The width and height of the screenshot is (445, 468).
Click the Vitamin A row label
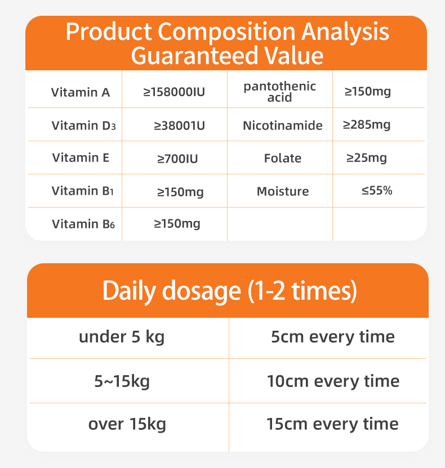81,92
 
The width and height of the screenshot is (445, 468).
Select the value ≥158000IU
174,91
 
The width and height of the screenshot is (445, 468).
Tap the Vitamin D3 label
83,125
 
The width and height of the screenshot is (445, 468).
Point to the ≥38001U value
179,125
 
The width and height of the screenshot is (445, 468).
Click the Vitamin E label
81,157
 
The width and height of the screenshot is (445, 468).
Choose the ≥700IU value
177,159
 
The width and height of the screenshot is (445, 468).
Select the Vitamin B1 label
83,191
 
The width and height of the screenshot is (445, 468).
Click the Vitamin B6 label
83,224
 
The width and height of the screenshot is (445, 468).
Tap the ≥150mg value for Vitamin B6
177,224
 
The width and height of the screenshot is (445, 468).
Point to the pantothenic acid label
279,92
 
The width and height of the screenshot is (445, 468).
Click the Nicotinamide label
283,125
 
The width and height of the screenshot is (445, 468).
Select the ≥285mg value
367,124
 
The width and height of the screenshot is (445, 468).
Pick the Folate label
283,158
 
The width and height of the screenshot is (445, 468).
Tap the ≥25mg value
367,158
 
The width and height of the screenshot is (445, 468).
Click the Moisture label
283,191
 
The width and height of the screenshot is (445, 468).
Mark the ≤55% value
377,191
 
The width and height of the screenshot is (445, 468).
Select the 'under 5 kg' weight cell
122,337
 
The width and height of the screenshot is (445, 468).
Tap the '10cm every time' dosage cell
333,381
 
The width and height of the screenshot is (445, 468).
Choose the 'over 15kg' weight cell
127,424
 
